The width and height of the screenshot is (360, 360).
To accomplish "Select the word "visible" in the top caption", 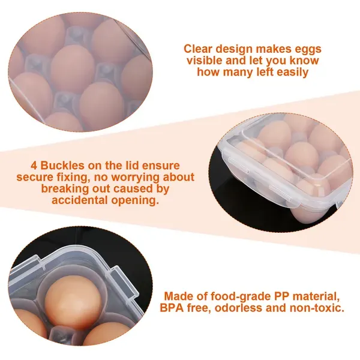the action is (x=205, y=61).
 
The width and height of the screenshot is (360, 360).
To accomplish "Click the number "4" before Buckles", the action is (x=34, y=166).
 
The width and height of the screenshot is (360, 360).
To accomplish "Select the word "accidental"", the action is (x=80, y=200).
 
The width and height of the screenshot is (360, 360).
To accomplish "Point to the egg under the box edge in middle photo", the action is (x=307, y=214).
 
